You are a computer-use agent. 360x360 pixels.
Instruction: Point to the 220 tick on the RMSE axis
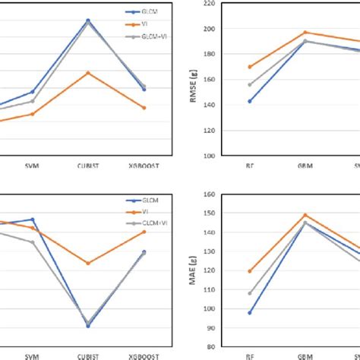227,4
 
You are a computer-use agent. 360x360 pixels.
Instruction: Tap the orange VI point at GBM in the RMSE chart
305,33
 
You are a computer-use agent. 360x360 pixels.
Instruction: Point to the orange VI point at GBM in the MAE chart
305,215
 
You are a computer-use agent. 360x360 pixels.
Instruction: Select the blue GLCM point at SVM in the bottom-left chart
32,219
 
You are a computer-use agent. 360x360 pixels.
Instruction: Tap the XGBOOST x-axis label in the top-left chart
143,165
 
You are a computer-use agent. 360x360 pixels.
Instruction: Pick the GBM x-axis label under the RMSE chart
305,165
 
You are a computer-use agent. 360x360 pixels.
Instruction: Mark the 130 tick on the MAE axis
227,251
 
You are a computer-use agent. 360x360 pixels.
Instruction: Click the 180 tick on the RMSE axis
227,54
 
